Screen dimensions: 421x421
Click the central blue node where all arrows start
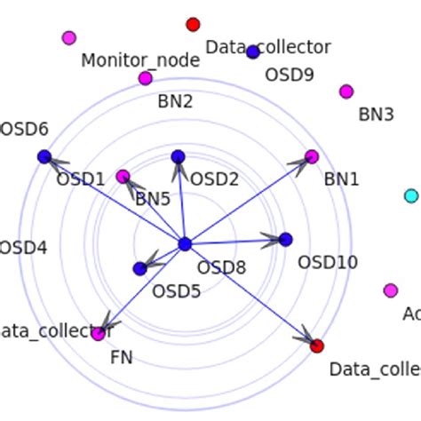(185, 244)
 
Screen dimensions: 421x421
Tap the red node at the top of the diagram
(193, 24)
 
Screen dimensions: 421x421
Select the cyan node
(410, 195)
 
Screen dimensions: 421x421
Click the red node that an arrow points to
(317, 346)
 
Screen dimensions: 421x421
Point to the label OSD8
(221, 267)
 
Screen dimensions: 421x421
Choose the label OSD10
(328, 262)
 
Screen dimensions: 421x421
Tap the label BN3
(376, 115)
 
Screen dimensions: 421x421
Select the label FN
(122, 358)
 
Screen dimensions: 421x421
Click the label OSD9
(290, 75)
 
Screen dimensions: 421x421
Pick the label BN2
(175, 101)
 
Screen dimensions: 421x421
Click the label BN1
(341, 179)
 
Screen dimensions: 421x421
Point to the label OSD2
(215, 180)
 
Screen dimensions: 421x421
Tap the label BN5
(153, 199)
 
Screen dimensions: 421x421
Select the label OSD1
(81, 179)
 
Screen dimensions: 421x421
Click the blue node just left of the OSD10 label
(285, 239)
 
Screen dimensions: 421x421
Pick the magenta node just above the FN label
(98, 334)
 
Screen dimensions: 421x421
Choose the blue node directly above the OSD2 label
(178, 157)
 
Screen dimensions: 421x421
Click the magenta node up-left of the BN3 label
(346, 91)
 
